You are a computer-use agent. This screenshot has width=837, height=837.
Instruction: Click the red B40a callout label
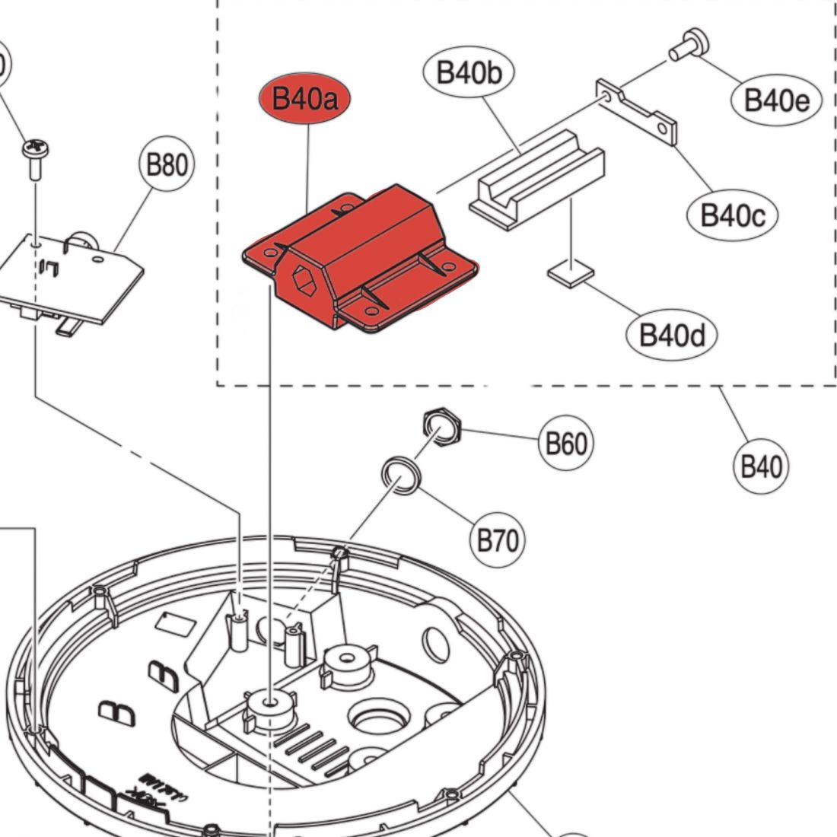307,100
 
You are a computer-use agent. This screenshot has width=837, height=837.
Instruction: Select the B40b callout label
469,73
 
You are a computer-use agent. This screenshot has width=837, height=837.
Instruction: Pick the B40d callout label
670,333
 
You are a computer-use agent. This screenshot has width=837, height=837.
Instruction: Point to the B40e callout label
776,100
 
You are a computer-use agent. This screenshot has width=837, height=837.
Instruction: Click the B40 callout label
762,465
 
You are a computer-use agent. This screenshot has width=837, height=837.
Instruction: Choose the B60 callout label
566,443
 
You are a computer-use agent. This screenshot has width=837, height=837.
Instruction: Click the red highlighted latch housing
365,251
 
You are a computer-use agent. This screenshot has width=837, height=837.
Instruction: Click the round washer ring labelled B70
400,476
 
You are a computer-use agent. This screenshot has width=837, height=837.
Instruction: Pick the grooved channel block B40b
536,177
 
